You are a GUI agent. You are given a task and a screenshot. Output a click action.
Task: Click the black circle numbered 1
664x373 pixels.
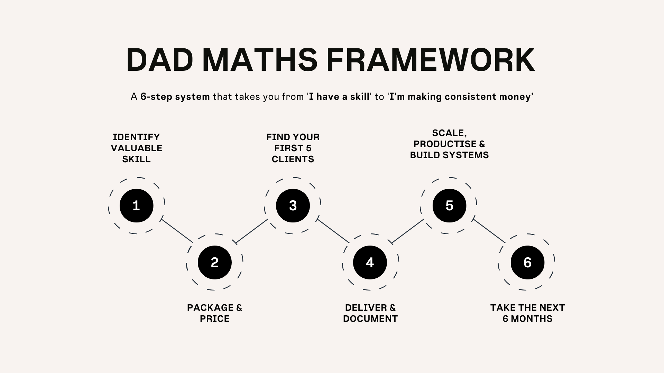136,206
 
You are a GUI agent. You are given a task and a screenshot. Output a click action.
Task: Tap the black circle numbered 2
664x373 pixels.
214,262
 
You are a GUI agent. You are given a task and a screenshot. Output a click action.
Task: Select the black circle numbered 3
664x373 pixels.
293,206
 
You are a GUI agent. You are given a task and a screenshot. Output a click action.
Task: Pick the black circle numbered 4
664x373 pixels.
370,262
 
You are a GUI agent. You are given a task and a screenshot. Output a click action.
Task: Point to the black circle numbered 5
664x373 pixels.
449,206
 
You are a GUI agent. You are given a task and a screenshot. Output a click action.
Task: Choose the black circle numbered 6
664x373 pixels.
527,262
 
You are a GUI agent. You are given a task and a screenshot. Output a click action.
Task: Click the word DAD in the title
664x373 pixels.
159,60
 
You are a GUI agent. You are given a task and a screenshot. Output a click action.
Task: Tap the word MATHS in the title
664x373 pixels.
260,60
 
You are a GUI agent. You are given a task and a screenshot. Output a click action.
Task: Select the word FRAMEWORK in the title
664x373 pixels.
431,60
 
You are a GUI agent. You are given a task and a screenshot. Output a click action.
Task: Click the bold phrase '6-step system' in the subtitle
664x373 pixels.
175,97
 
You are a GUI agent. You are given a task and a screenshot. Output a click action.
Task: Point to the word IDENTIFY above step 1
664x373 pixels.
136,137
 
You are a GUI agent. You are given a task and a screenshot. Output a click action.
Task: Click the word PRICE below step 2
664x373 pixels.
214,319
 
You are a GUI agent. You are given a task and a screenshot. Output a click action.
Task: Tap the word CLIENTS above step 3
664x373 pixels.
293,159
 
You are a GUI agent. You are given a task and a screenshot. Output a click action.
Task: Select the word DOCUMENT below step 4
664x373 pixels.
370,319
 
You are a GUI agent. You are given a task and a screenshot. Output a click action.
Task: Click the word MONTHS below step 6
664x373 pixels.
532,319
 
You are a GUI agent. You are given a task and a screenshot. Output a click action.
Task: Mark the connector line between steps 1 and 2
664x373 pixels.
177,231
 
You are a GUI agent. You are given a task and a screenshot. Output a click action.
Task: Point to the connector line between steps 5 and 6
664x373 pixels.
489,231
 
